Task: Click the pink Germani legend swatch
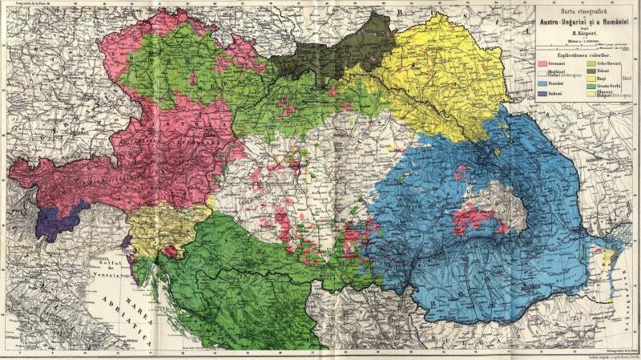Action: click(543, 63)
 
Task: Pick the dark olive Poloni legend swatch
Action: click(591, 72)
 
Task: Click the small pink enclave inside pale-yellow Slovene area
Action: click(170, 252)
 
